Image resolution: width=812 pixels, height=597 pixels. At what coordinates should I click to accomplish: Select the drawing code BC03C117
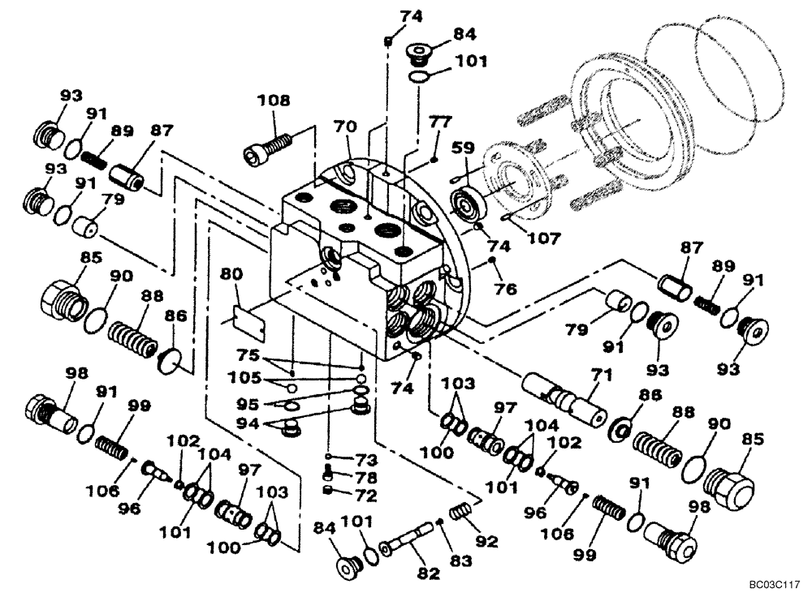click(x=775, y=583)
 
